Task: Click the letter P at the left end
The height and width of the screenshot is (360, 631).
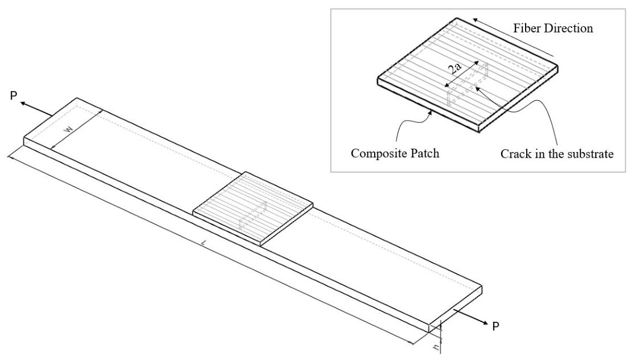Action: [14, 96]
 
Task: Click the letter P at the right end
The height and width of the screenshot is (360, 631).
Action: [496, 326]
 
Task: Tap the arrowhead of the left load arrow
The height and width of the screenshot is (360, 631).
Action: [24, 104]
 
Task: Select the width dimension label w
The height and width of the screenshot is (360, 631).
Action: [69, 130]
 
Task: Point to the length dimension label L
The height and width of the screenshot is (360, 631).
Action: [205, 243]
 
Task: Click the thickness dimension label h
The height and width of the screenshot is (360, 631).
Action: [436, 346]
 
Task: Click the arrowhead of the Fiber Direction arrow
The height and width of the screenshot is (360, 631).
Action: [476, 20]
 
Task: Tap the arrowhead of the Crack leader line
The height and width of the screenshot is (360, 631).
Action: [476, 87]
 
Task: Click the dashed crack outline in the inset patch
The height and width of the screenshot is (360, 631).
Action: [468, 84]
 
